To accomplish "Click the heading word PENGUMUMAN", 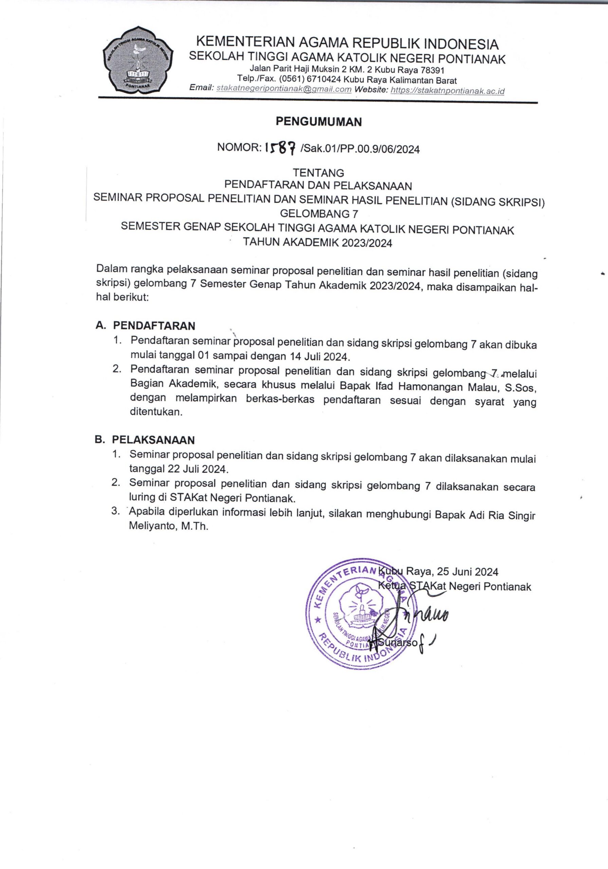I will tap(318, 122).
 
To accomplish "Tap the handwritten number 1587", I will tap(280, 148).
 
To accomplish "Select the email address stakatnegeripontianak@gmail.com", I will tap(283, 90).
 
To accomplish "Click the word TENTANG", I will tap(318, 173).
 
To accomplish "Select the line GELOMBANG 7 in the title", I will tap(319, 214).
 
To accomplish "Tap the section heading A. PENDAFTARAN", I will tap(146, 326).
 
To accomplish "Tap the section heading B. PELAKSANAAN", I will tap(145, 440).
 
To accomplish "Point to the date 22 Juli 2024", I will tap(198, 470).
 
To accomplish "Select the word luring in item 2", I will tap(142, 497).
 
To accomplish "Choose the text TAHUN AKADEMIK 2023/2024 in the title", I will tap(317, 243).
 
